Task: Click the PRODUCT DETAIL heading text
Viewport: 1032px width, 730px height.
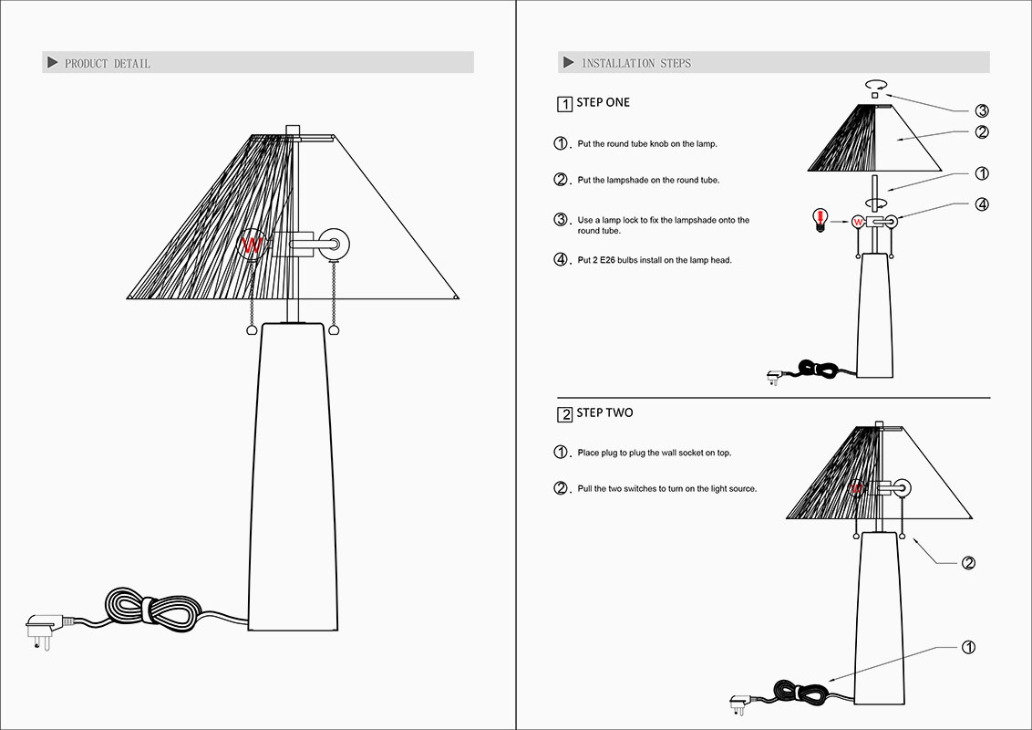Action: tap(108, 63)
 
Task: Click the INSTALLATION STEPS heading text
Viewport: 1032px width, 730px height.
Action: tap(636, 63)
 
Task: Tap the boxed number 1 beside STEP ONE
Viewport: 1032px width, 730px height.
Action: tap(564, 104)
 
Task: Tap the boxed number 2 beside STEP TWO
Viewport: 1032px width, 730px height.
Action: tap(564, 414)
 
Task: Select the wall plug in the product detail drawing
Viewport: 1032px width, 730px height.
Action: tap(41, 630)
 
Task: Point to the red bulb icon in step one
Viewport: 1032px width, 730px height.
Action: tap(821, 220)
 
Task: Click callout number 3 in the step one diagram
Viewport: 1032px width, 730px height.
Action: tap(982, 111)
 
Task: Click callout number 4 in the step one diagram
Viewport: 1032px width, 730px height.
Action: tap(982, 204)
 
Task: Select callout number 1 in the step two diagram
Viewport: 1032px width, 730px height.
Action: tap(969, 647)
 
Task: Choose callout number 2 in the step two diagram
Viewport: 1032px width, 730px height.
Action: tap(969, 562)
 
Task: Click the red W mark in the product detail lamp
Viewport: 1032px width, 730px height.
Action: tap(253, 245)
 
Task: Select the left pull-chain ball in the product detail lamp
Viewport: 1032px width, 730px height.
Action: tap(253, 333)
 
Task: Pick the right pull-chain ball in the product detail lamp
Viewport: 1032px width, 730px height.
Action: tap(335, 333)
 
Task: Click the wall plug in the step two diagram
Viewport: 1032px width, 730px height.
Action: tap(738, 703)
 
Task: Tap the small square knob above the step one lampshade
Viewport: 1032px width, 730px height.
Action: tap(875, 95)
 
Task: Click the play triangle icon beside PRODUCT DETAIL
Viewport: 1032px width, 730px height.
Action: tap(52, 63)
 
